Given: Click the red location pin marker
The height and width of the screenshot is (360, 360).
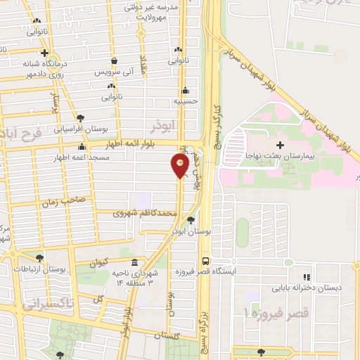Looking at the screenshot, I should coord(180,165).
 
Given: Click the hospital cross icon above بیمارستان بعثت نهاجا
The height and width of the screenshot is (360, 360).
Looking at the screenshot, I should coord(280,145).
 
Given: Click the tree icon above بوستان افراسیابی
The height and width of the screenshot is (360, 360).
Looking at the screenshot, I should coord(81,117).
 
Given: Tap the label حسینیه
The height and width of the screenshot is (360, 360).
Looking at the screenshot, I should coord(187,101).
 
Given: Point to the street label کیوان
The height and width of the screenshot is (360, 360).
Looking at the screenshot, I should coord(102,262).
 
